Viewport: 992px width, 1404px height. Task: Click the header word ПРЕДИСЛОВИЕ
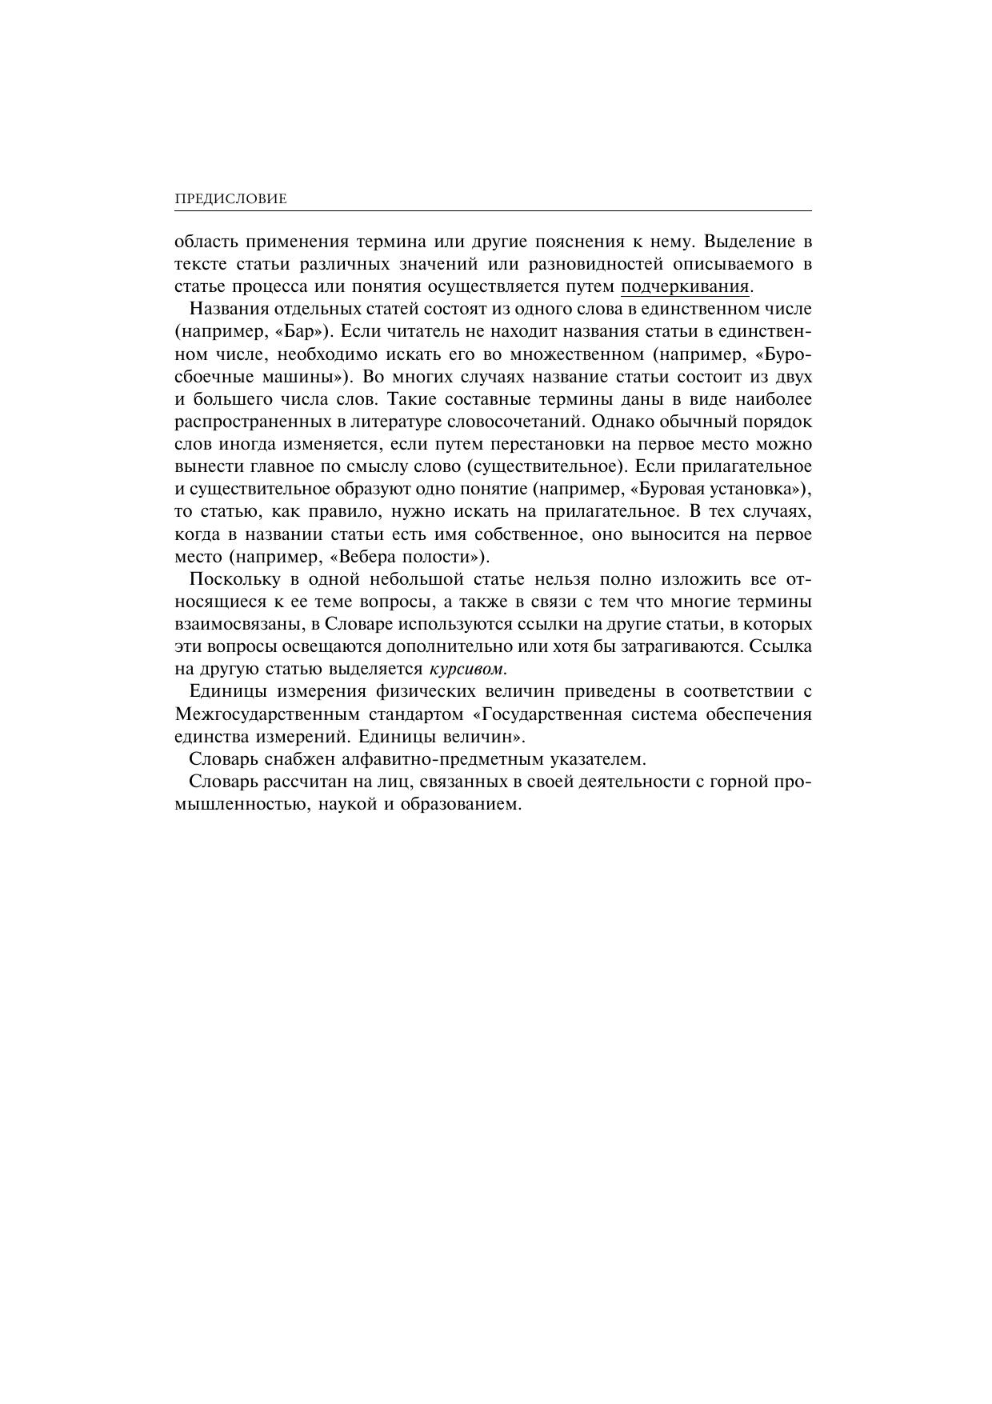[x=230, y=199]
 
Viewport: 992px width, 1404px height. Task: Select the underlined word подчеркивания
[x=686, y=287]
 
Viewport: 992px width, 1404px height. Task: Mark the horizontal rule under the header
[x=494, y=212]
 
